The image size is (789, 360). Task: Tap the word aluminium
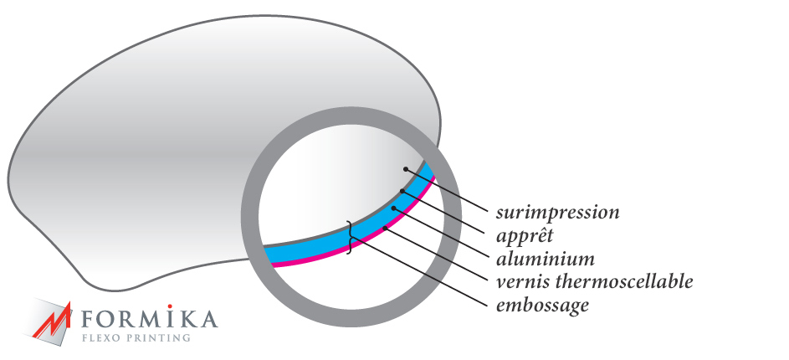[x=545, y=258]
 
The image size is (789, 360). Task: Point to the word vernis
[x=520, y=281]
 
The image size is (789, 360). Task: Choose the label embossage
[x=542, y=305]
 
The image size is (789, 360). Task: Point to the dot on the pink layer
[x=383, y=228]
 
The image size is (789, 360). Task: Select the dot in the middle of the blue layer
[x=394, y=207]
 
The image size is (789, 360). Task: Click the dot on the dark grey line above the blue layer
[x=402, y=192]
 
